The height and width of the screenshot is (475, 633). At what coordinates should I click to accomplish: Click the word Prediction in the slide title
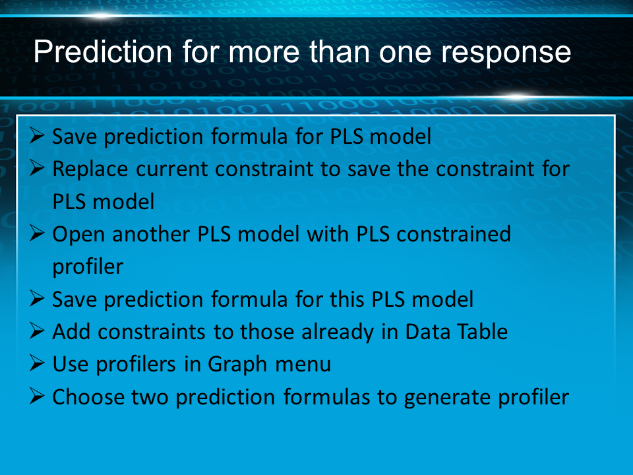coord(103,51)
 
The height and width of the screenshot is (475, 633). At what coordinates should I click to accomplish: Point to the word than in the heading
coord(340,51)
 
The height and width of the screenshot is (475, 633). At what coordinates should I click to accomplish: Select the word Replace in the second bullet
coord(90,169)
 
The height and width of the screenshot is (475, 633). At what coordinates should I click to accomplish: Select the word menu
coord(303,365)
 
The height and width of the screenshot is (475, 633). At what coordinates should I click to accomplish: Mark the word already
coord(338,332)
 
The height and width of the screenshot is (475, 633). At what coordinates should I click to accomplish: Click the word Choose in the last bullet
coord(88,397)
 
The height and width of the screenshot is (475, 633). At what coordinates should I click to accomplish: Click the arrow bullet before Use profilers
coord(37,363)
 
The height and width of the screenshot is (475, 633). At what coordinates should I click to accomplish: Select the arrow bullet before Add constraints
coord(37,331)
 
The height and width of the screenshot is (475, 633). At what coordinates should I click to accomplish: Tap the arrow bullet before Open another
coord(37,233)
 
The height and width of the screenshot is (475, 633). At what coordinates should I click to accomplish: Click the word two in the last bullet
coord(150,398)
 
